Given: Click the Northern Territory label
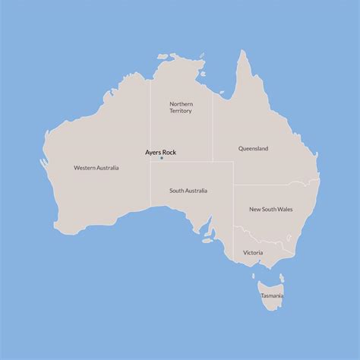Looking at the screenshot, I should pyautogui.click(x=181, y=107).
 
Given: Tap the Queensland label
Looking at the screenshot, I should pyautogui.click(x=253, y=148).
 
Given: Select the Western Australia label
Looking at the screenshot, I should pyautogui.click(x=96, y=167).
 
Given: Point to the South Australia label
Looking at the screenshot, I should pyautogui.click(x=188, y=191).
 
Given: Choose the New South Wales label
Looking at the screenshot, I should pyautogui.click(x=271, y=209).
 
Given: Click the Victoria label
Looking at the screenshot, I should pyautogui.click(x=253, y=252).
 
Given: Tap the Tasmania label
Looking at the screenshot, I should pyautogui.click(x=271, y=295).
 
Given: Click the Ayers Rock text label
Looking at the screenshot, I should pyautogui.click(x=161, y=152).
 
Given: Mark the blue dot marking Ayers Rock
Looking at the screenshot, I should pyautogui.click(x=161, y=159).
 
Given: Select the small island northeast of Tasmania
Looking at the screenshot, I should pyautogui.click(x=281, y=278).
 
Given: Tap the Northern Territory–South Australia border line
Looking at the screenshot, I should pyautogui.click(x=182, y=161).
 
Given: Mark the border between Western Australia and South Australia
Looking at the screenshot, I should pyautogui.click(x=150, y=186).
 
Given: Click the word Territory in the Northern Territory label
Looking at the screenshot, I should pyautogui.click(x=181, y=111).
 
